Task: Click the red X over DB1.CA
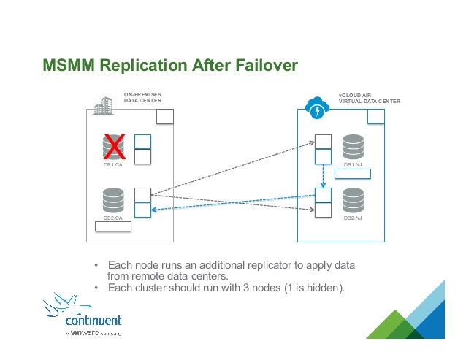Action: [x=113, y=148]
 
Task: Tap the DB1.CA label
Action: [x=112, y=166]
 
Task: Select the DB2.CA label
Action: [x=112, y=218]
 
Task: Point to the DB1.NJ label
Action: [x=353, y=165]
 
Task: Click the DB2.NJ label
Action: [x=353, y=218]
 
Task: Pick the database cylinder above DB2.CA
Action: [x=113, y=199]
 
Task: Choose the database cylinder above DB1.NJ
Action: [x=353, y=147]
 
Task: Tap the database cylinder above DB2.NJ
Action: [x=353, y=199]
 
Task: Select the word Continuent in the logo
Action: [x=93, y=321]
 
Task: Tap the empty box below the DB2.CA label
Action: [x=113, y=226]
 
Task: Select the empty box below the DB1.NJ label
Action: [x=354, y=174]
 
